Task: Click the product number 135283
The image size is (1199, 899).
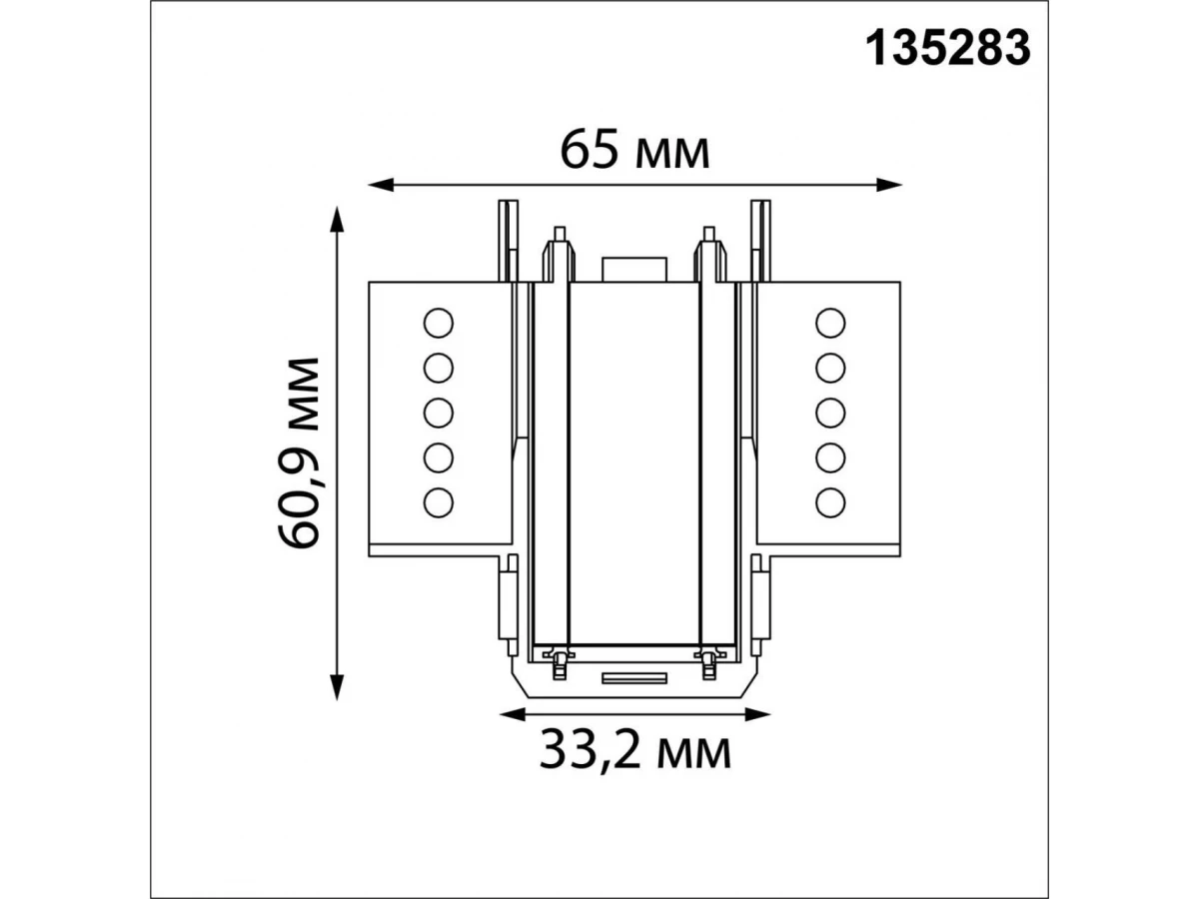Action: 948,49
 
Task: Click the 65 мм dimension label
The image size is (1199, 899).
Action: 634,151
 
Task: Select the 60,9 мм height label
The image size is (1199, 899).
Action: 298,453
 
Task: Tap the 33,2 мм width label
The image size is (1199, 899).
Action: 634,751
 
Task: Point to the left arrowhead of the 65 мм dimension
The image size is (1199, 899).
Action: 381,185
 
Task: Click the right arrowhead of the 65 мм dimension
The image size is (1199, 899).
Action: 888,185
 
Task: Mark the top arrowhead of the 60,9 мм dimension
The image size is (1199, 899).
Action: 338,220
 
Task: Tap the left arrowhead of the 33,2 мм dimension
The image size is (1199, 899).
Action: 513,714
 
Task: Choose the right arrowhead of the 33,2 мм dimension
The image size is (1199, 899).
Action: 757,714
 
